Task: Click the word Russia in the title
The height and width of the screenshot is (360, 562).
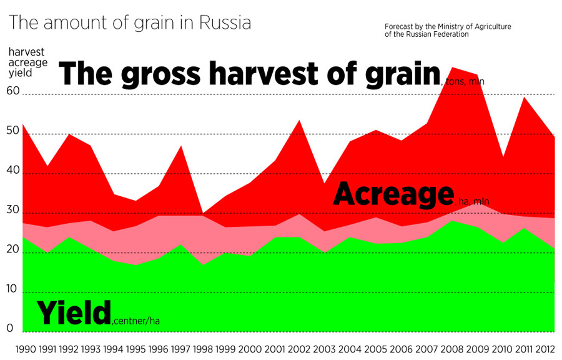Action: tap(225, 24)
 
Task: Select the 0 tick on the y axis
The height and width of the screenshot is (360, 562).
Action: tap(10, 327)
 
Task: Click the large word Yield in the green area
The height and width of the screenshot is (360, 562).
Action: tap(73, 312)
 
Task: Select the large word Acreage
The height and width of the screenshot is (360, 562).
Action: tap(392, 194)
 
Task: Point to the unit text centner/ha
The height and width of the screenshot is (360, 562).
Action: tap(136, 321)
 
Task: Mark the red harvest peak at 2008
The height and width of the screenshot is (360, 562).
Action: tap(452, 67)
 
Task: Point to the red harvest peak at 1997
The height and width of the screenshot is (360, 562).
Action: tap(182, 146)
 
